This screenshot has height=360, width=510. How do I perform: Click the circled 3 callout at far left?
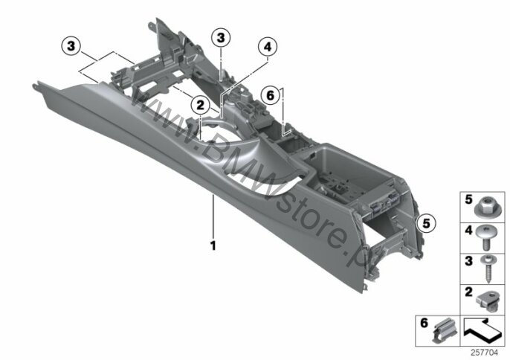[71, 46]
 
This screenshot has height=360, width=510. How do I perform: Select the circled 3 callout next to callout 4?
[221, 38]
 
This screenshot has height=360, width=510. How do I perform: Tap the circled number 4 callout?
[268, 47]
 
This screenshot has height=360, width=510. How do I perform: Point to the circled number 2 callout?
[200, 105]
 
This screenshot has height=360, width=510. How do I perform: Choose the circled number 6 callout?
[271, 96]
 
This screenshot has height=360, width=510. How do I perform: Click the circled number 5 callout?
[426, 224]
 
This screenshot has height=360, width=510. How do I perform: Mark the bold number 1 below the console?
[213, 245]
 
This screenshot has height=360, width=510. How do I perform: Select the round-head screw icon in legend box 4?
[486, 238]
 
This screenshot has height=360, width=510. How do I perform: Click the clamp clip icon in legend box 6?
[445, 330]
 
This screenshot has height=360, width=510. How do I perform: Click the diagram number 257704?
[484, 353]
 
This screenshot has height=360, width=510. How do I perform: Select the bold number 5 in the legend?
[468, 199]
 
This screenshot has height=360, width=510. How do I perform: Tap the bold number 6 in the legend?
[424, 324]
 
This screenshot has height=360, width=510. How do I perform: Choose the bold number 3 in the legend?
[468, 261]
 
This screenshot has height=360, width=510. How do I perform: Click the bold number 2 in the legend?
[468, 292]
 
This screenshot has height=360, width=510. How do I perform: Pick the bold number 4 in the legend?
[468, 230]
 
